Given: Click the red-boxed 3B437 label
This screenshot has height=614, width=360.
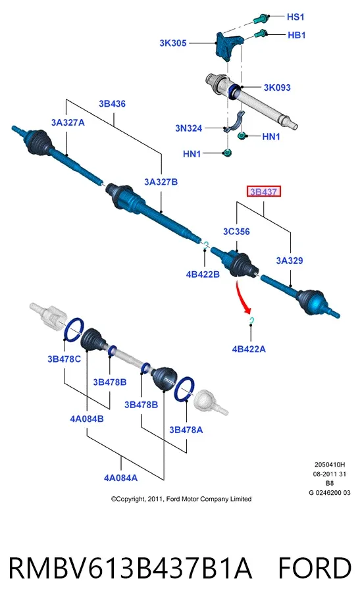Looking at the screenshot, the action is click(264, 192).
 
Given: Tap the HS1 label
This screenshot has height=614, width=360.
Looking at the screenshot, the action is click(296, 17).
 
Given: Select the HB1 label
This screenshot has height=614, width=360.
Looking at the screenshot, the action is click(297, 36).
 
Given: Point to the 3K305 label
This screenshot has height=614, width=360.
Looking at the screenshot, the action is click(172, 43).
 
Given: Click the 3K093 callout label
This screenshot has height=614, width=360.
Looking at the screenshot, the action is click(277, 88).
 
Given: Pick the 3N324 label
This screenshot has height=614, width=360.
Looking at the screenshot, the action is click(188, 128).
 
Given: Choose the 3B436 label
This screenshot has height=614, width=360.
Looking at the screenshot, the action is click(112, 104).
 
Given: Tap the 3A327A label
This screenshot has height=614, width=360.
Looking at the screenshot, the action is click(68, 122).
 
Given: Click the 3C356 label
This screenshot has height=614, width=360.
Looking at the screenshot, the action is click(236, 232).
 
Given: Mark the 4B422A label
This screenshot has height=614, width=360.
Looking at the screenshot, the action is click(249, 349).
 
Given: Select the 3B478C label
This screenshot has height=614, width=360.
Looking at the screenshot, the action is click(64, 359).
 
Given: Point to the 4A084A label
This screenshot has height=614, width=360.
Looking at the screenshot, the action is click(120, 478).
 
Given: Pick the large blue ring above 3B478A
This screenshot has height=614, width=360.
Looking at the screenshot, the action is click(184, 389).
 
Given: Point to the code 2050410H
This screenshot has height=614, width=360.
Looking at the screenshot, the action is click(330, 465).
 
